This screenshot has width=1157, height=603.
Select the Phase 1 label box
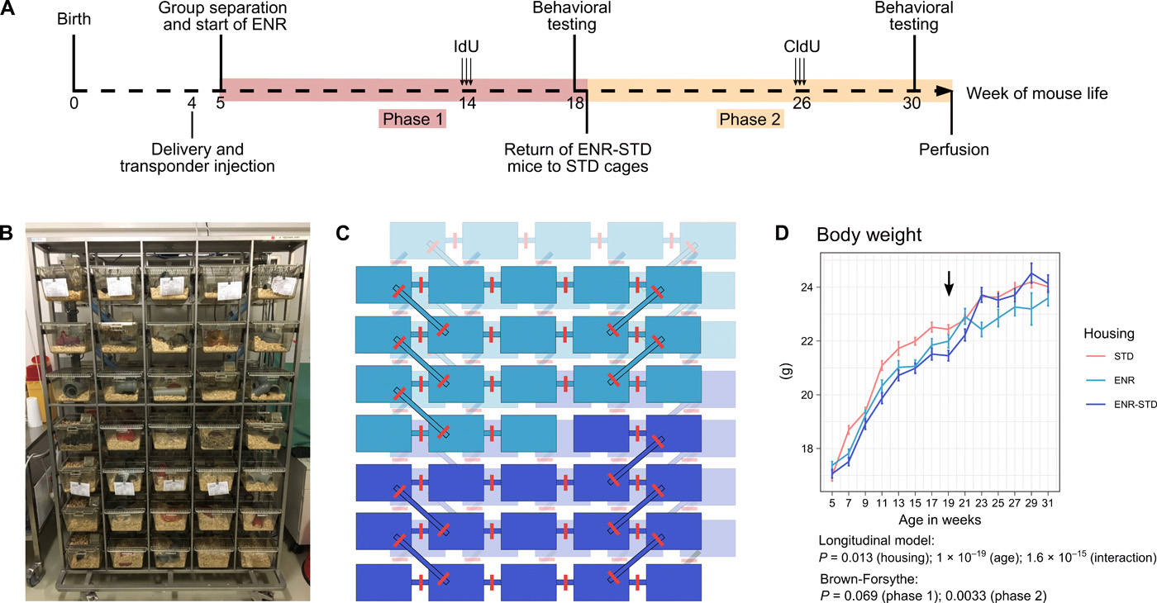click(x=412, y=120)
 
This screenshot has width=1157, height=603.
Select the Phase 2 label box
click(x=750, y=120)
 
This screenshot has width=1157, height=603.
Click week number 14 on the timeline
click(x=467, y=103)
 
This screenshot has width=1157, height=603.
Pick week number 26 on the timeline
click(x=800, y=103)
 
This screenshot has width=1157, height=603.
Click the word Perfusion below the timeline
click(x=954, y=150)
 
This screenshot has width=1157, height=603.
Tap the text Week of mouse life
click(x=1037, y=93)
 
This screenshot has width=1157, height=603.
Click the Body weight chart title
click(x=869, y=235)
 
